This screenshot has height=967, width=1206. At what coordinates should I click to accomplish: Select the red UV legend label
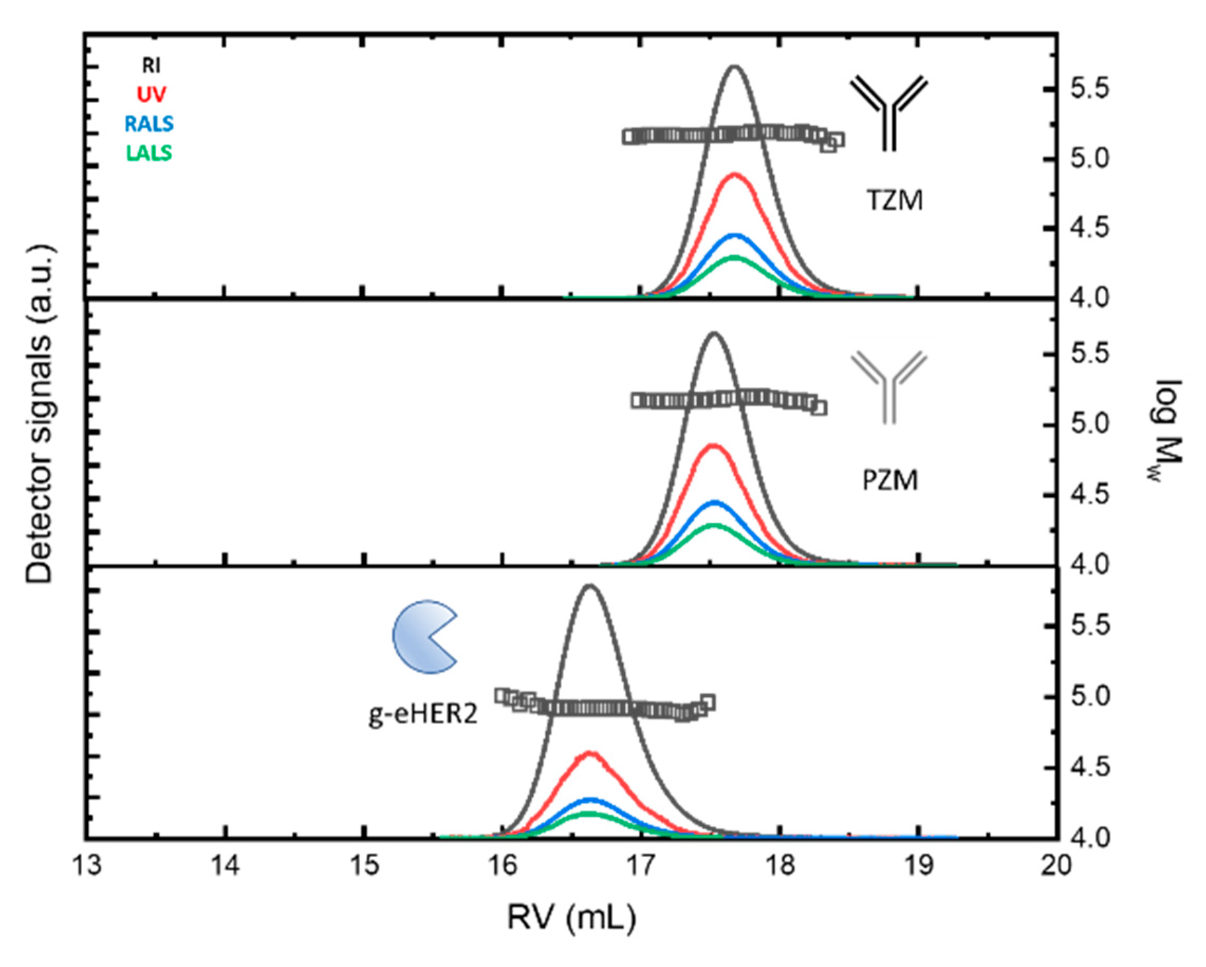[152, 94]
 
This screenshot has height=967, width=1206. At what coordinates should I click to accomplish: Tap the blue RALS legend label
[150, 124]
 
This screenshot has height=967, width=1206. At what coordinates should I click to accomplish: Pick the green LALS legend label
[149, 153]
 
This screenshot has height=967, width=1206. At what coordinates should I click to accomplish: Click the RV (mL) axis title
[572, 918]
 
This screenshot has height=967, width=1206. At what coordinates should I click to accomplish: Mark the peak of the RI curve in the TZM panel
[735, 67]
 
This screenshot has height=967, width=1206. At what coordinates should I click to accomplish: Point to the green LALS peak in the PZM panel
[713, 525]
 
